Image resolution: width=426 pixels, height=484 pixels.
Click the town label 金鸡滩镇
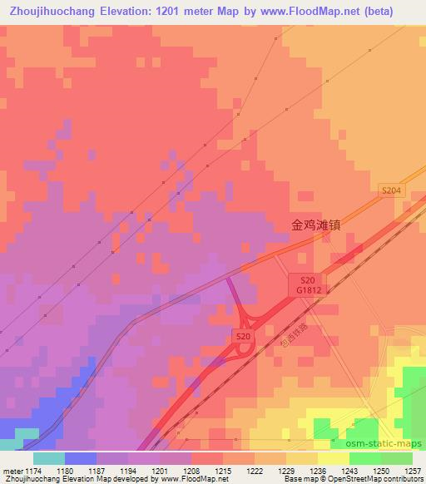pyautogui.click(x=316, y=225)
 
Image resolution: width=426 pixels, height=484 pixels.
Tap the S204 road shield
pyautogui.click(x=390, y=190)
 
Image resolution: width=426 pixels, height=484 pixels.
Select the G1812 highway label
pyautogui.click(x=308, y=290)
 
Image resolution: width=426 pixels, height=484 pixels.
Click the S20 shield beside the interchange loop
pyautogui.click(x=242, y=335)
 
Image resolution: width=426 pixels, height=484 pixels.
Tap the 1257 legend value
pyautogui.click(x=414, y=471)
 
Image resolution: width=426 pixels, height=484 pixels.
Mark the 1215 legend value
pyautogui.click(x=221, y=471)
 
